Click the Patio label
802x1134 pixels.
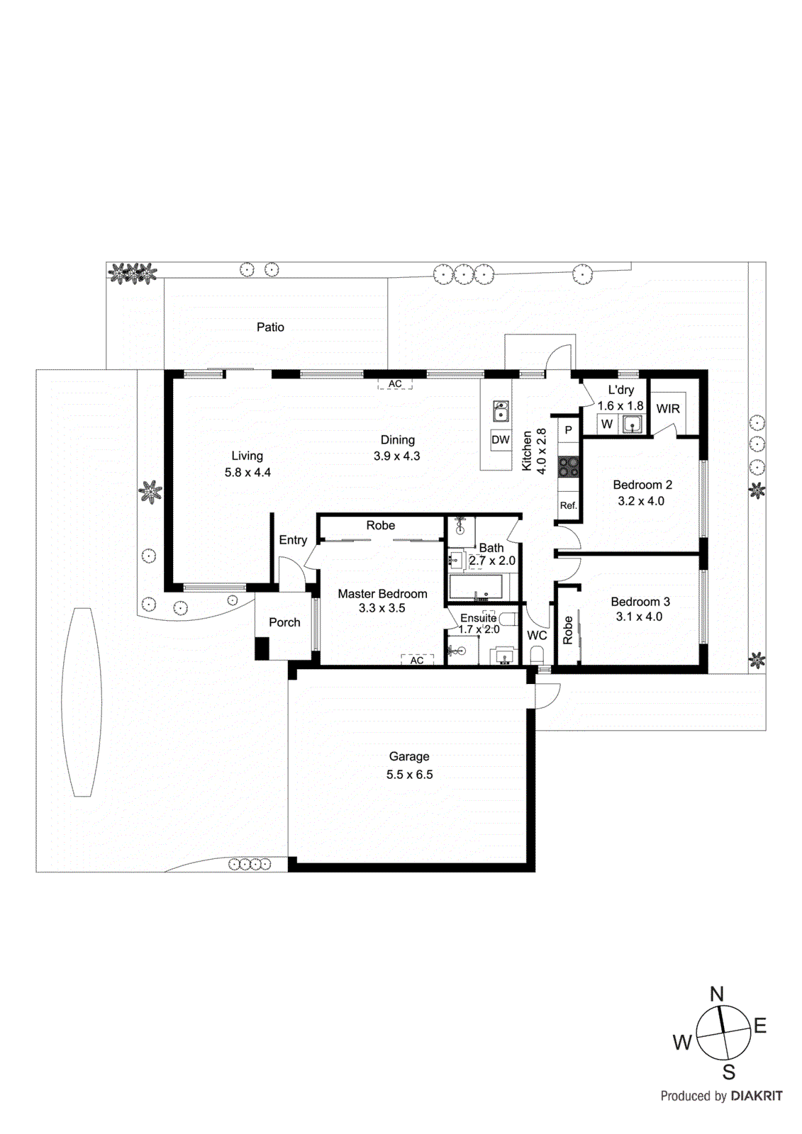coord(270,327)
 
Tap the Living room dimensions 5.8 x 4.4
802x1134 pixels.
coord(247,472)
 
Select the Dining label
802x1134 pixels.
coord(397,440)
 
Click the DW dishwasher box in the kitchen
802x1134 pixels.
coord(501,439)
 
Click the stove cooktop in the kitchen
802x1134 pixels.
coord(568,466)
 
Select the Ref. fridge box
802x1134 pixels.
coord(568,505)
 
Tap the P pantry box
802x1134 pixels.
coord(568,430)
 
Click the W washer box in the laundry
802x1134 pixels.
coord(607,424)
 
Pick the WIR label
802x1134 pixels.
coord(668,409)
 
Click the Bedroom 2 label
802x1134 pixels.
coord(642,485)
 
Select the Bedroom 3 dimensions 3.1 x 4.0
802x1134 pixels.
coord(639,617)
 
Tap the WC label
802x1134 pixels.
coord(537,635)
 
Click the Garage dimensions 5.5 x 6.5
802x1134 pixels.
coord(409,775)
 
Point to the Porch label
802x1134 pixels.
coord(284,622)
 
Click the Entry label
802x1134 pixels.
coord(293,540)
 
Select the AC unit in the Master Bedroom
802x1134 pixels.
coord(417,660)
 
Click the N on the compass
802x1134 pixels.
coord(717,994)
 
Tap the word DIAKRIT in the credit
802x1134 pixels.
coord(757,1096)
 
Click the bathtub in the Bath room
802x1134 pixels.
coord(476,588)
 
